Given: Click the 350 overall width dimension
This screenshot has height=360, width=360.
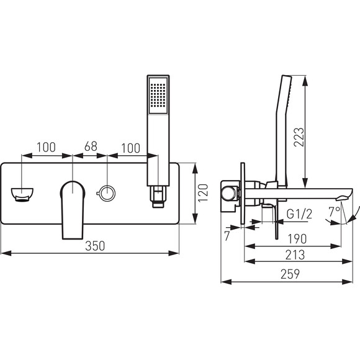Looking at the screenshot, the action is pos(95,246).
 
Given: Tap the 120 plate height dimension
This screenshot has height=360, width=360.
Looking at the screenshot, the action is pos(203,193).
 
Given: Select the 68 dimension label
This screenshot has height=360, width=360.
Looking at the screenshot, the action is pos(91,146).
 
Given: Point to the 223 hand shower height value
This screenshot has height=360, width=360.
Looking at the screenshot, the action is pos(299,137).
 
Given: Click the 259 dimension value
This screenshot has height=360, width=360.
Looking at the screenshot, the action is pos(290,274).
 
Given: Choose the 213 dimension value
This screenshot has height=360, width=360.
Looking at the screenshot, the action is pos(295,255).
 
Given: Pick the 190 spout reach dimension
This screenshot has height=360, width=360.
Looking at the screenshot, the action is pos(297,239).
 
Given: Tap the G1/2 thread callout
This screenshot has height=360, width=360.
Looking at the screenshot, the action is pos(300,214).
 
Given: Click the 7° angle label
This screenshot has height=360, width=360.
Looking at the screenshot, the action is pos(335,212).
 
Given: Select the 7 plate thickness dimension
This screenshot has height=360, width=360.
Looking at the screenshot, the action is pos(227,236).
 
